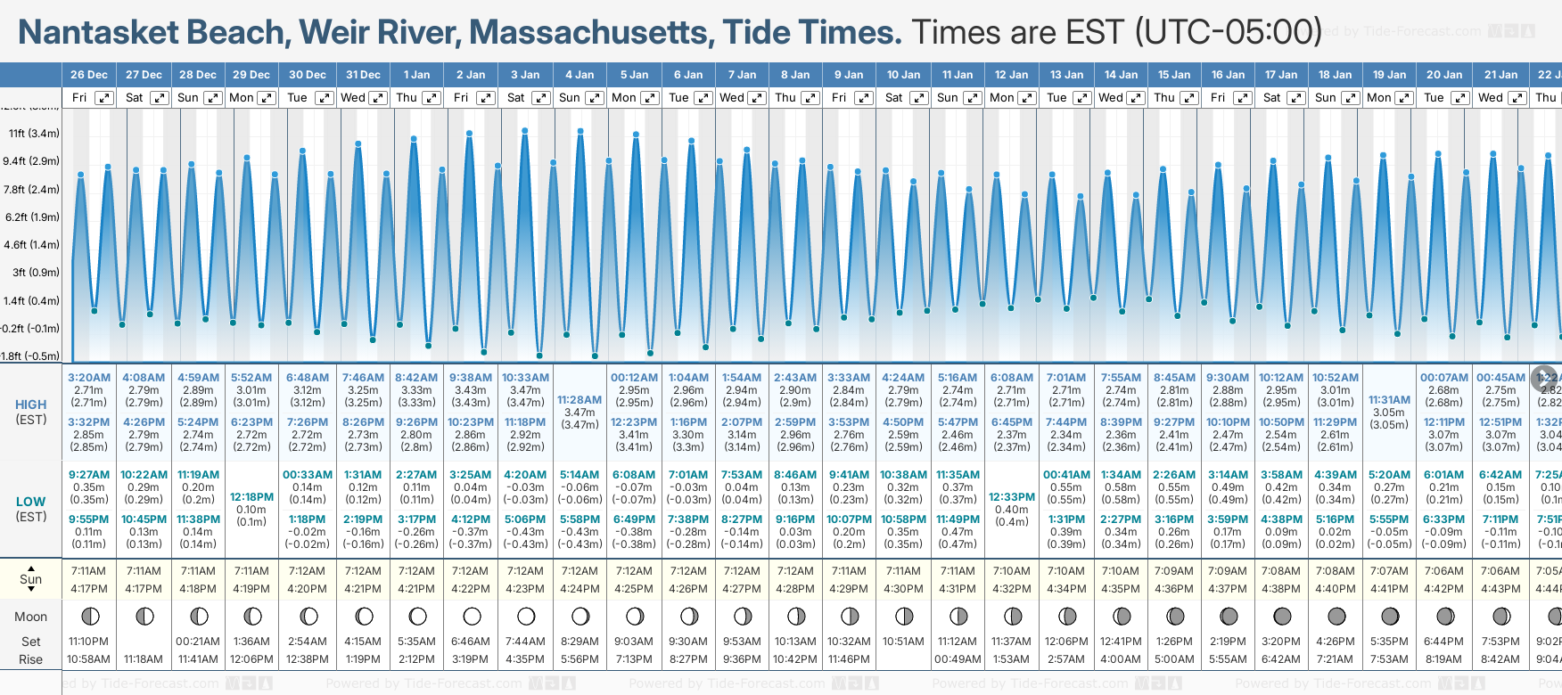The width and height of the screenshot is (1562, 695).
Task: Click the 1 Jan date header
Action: point(416,75)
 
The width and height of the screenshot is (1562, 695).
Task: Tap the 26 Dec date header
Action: point(89,75)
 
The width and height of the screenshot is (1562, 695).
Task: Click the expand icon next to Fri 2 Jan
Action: point(486,98)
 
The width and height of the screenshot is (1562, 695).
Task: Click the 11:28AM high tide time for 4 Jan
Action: point(580,400)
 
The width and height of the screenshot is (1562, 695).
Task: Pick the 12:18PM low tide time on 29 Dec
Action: point(251,497)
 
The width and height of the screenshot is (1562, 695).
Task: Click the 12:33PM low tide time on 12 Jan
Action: point(1012,497)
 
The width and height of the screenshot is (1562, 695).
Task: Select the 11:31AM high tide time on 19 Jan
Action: point(1389,400)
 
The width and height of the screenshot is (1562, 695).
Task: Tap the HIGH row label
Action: point(31,405)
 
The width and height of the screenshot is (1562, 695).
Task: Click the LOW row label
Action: point(31,502)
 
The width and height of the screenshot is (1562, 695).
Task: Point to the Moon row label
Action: point(31,617)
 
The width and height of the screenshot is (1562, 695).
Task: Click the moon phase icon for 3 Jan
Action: point(526,616)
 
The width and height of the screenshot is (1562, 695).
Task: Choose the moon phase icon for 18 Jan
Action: point(1336,616)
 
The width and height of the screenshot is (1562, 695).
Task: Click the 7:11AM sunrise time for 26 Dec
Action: point(89,571)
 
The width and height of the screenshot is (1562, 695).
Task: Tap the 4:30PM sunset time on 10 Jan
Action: point(903,589)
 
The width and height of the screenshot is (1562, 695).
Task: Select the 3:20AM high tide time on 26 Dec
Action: point(89,378)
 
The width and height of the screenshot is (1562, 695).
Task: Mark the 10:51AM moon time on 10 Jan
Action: point(903,642)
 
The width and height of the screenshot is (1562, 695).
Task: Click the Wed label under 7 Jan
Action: point(732,98)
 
